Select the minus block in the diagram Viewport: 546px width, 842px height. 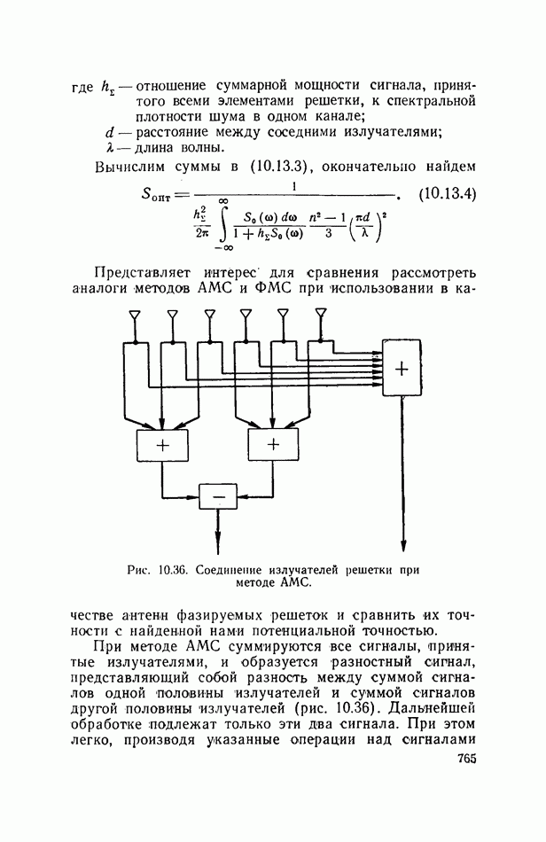point(217,496)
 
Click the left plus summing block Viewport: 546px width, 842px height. point(163,445)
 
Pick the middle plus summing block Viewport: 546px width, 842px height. point(273,445)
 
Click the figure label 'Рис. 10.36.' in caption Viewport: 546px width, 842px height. point(160,571)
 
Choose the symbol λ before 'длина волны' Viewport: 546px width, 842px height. point(110,147)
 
